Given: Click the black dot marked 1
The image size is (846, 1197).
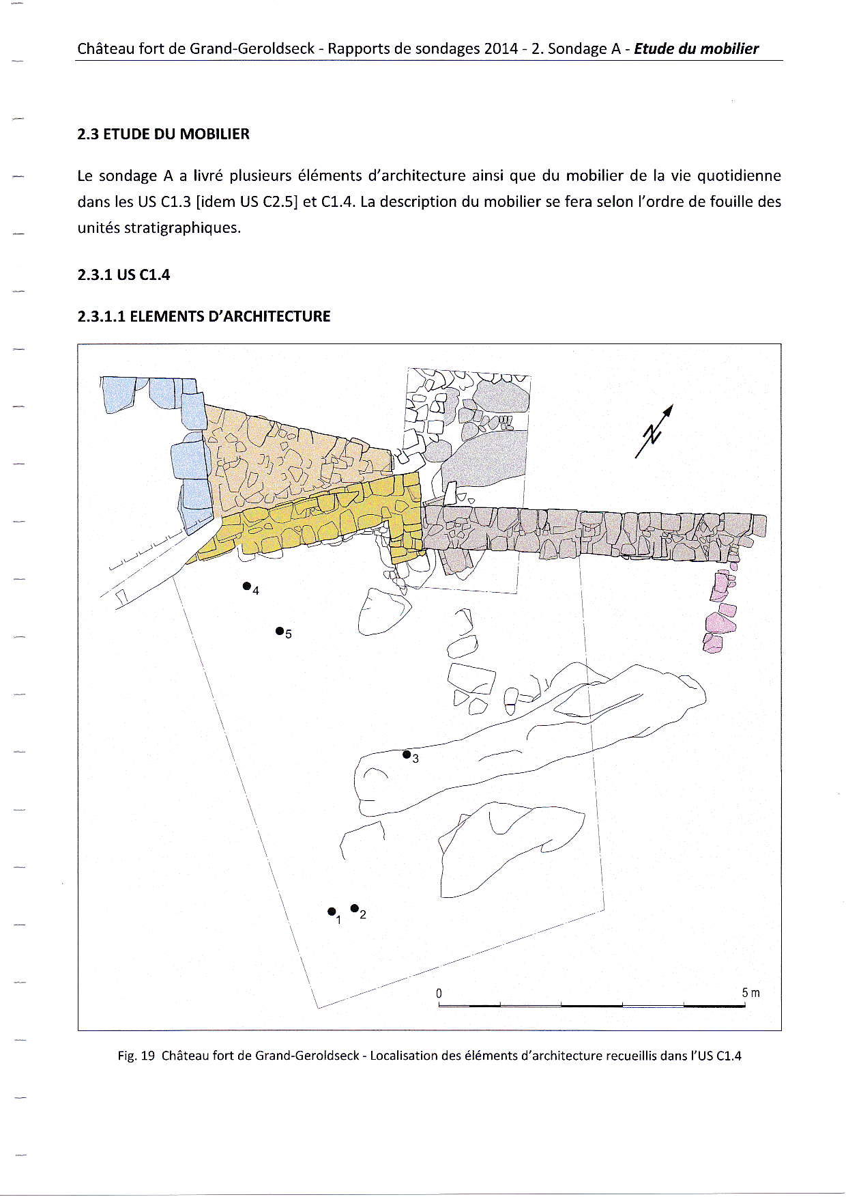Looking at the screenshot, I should coord(332,911).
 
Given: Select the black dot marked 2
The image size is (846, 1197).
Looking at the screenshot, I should coord(354,907).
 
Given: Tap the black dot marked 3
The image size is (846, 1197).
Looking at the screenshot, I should coord(407,754).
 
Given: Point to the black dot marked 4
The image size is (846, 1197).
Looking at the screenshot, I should coord(246,586).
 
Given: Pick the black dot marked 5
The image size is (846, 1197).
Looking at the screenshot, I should coord(279,630).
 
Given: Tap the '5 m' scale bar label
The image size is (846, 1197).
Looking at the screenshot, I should coord(750,993).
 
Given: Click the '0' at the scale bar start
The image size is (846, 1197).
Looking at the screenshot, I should coord(439,993).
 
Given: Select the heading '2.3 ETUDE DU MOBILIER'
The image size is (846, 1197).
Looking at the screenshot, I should coord(163,134).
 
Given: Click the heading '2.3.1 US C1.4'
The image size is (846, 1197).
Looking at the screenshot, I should coord(123,275).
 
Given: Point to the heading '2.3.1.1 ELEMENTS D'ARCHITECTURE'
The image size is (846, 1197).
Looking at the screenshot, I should coord(203,316).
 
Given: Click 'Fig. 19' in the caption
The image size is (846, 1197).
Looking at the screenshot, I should coord(136,1056).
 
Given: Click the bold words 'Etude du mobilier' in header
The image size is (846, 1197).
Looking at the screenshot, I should coord(696,48).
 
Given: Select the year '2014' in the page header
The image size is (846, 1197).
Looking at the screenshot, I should coord(501,48).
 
